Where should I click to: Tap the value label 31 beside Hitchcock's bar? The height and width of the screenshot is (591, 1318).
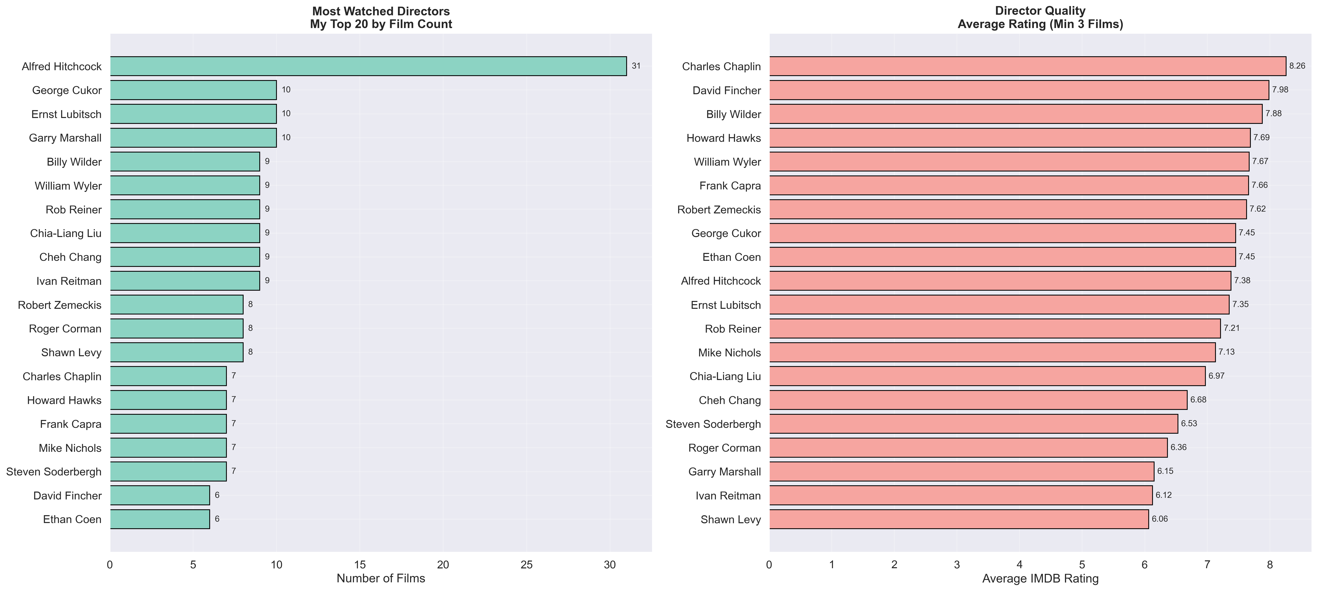point(636,66)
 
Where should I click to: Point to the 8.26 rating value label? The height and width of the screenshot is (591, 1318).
point(1297,66)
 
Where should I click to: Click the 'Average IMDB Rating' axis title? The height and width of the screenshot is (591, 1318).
point(1040,579)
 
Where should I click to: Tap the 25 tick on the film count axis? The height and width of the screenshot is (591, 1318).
point(527,565)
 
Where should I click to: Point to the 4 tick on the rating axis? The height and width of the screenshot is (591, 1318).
point(1020,565)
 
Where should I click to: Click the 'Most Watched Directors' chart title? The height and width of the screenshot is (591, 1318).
point(381,11)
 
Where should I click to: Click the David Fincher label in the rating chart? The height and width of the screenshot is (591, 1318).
point(727,91)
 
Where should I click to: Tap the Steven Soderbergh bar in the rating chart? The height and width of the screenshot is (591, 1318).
point(973,424)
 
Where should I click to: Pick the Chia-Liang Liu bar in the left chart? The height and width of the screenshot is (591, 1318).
point(185,233)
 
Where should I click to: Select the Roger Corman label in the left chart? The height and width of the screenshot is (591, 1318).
point(65,329)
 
